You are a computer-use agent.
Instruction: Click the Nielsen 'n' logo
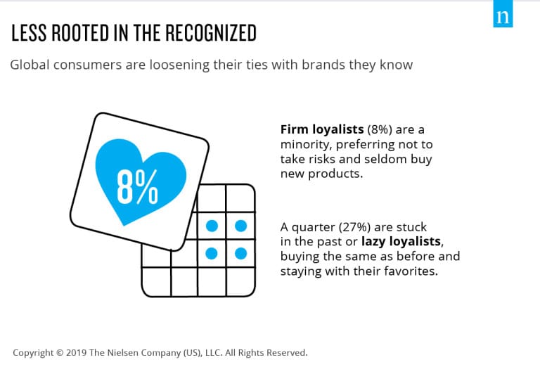point(503,14)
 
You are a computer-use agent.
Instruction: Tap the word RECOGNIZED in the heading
point(211,33)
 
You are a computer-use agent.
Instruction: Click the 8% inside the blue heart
point(137,186)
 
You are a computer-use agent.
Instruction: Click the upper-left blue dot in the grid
point(212,226)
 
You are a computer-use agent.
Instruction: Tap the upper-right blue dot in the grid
point(240,226)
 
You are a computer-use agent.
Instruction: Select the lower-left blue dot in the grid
point(212,253)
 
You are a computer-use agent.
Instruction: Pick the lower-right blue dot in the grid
point(240,253)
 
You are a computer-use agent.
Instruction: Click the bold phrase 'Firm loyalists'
point(322,130)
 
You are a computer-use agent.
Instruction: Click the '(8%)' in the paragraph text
point(380,130)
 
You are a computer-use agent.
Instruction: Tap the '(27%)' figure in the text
point(354,228)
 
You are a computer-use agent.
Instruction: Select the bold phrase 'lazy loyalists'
point(401,242)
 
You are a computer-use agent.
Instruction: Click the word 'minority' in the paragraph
point(306,145)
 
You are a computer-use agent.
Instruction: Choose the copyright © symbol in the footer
point(60,353)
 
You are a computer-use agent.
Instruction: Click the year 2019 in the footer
point(76,353)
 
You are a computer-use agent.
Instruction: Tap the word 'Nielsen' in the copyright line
point(123,353)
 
